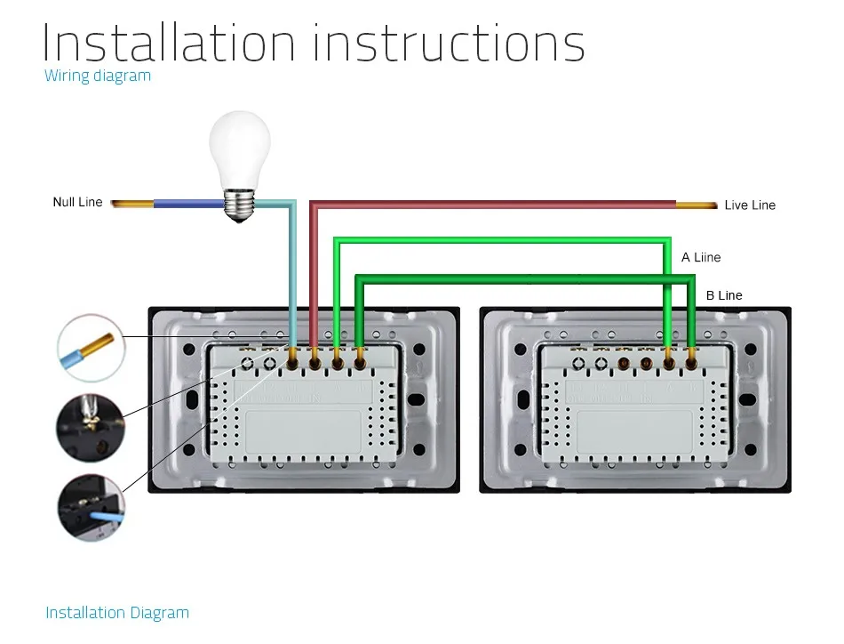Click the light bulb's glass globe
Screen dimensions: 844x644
[x=240, y=149]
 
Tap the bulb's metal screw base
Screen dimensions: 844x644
[x=240, y=205]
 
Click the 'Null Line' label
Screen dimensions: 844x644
[x=77, y=202]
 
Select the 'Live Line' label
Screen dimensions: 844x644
[x=750, y=205]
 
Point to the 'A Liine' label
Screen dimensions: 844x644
[x=701, y=257]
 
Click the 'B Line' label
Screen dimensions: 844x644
[x=724, y=295]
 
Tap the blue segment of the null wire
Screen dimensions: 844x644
[x=188, y=204]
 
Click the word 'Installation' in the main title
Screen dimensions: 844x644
[x=169, y=43]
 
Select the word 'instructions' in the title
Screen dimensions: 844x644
[x=449, y=43]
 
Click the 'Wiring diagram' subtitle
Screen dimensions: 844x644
[x=98, y=76]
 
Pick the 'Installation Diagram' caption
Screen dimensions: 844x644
[x=117, y=613]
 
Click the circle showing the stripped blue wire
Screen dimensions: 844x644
[x=91, y=348]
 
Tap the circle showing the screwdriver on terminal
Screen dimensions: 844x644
[x=91, y=427]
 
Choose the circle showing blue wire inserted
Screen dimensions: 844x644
[x=91, y=507]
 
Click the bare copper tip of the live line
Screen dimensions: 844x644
[x=697, y=205]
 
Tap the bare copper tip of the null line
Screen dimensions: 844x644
[x=132, y=204]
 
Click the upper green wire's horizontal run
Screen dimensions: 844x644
[x=502, y=240]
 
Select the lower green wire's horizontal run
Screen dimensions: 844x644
[x=525, y=278]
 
